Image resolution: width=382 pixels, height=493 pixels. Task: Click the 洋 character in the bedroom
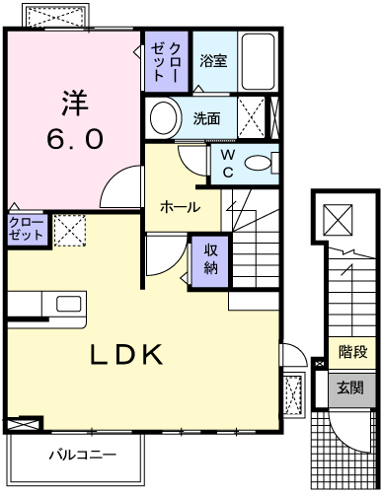click(73, 102)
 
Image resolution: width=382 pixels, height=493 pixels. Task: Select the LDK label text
click(128, 355)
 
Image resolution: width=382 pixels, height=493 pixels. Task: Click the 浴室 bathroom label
click(213, 61)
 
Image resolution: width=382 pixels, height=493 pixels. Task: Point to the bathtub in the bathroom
click(260, 62)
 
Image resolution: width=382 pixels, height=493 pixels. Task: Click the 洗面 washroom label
click(207, 119)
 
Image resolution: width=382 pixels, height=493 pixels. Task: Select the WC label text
click(226, 164)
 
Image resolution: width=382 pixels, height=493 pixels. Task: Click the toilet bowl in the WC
click(258, 165)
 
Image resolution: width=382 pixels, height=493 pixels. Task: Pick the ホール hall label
click(182, 208)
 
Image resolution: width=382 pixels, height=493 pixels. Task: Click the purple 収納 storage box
click(210, 259)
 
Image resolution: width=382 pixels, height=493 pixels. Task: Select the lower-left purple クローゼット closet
click(26, 230)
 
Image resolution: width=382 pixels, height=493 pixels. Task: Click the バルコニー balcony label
click(84, 455)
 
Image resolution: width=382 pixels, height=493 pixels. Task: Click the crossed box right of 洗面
click(253, 119)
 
